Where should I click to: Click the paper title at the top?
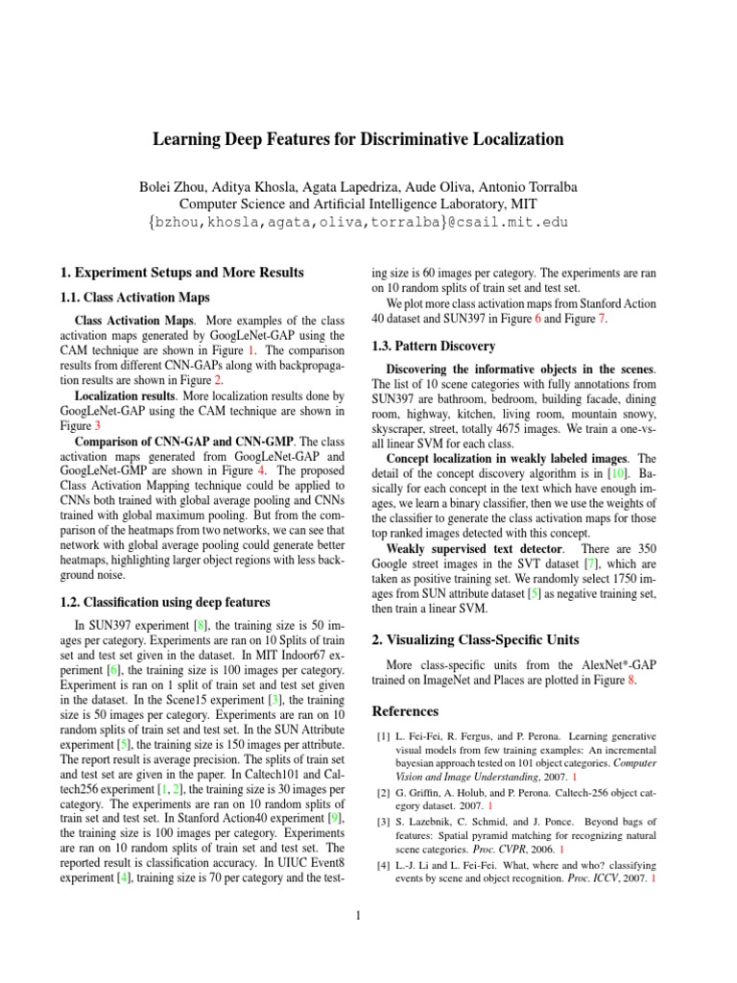click(x=358, y=139)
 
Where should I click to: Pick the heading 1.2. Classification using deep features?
click(x=157, y=602)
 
